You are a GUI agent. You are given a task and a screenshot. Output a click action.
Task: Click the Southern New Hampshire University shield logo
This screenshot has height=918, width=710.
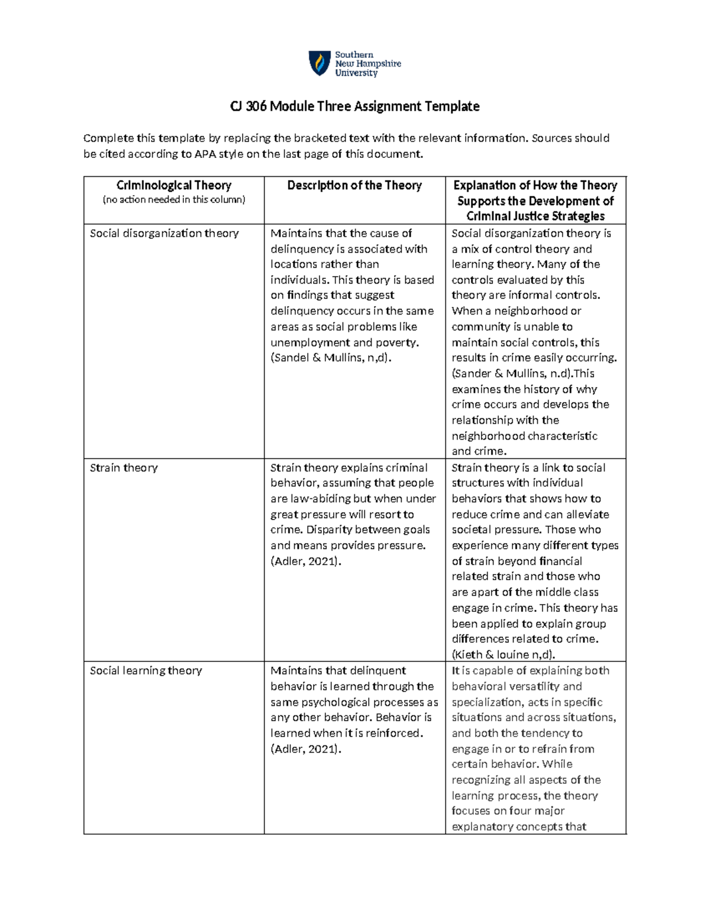point(320,63)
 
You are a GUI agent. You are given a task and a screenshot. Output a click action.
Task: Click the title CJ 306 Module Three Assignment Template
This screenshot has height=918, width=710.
point(354,106)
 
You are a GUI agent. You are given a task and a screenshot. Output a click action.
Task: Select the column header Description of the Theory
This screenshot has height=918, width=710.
point(354,186)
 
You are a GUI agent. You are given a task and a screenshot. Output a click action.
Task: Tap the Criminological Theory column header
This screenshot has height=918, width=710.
point(173,186)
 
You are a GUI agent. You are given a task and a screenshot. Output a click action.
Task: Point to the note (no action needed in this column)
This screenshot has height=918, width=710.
point(173,200)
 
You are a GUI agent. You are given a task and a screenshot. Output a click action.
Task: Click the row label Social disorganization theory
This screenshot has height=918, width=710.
point(164,233)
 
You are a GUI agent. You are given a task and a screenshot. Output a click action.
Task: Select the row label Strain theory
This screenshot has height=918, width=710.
point(124,468)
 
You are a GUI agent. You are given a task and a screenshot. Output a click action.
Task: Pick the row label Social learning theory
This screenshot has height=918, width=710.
point(146,671)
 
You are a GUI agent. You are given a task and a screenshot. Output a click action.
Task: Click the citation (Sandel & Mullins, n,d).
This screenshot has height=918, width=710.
point(331,358)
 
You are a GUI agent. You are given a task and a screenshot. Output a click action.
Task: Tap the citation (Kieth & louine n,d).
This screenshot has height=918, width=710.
point(504,655)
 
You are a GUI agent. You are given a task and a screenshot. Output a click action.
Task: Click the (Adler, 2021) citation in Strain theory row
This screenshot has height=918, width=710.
point(306,562)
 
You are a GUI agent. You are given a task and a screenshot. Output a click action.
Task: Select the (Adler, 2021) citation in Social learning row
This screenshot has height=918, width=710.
point(306,749)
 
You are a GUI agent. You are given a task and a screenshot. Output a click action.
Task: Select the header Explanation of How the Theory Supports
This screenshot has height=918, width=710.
point(535,186)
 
